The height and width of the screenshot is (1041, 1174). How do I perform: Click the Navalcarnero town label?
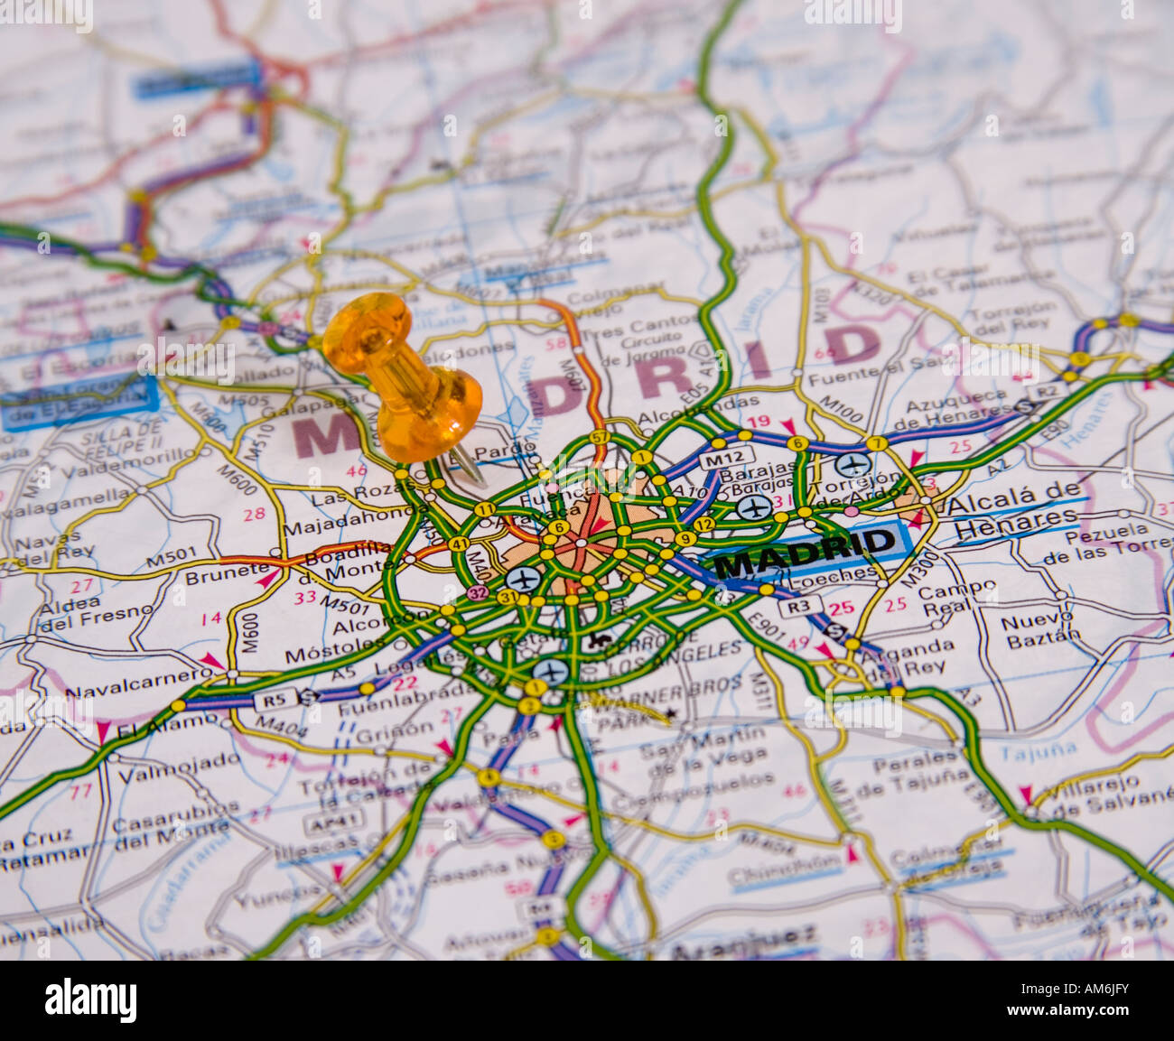pyautogui.click(x=137, y=684)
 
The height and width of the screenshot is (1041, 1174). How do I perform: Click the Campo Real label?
pyautogui.click(x=957, y=601)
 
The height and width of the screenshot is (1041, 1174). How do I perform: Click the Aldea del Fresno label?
pyautogui.click(x=95, y=612)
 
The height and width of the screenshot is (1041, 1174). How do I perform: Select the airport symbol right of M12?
pyautogui.click(x=853, y=466)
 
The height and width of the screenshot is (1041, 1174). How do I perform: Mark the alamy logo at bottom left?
pyautogui.click(x=90, y=1000)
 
